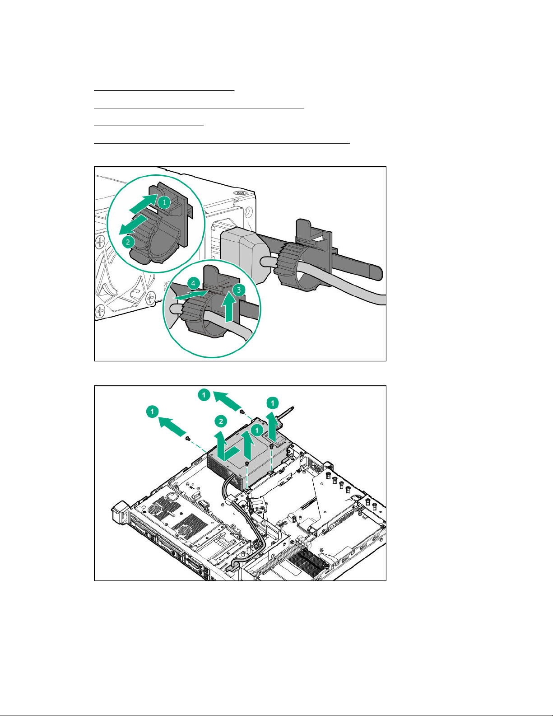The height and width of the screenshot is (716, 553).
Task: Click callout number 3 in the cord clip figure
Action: [239, 290]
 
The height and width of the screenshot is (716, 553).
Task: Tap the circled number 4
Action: [193, 283]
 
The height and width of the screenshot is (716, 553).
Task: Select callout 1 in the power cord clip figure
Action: [164, 202]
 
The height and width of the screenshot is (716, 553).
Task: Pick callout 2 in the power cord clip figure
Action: [128, 242]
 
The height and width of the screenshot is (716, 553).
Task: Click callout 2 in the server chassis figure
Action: [221, 421]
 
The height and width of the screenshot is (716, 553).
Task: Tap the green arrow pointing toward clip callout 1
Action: [144, 203]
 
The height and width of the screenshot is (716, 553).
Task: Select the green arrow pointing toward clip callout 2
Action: [133, 225]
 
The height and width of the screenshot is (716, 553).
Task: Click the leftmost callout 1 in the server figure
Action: [152, 412]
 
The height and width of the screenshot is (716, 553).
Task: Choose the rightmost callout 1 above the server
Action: [272, 402]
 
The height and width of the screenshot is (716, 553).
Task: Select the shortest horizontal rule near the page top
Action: [149, 126]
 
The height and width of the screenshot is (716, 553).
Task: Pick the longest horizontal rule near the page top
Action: [222, 143]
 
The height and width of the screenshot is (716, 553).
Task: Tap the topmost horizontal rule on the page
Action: [164, 90]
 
